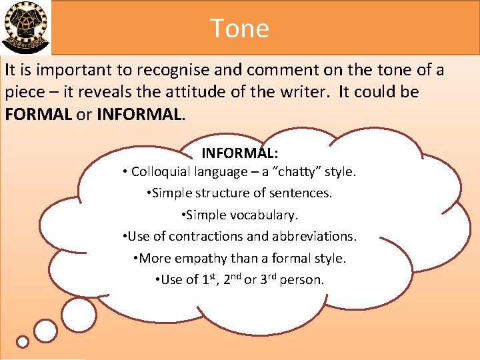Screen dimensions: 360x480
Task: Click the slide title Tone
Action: tap(240, 29)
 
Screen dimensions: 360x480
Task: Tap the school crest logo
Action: tap(25, 27)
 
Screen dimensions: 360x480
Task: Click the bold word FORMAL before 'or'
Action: tap(38, 113)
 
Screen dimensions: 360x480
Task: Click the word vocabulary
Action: tap(269, 215)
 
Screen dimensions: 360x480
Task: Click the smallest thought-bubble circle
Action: tap(23, 341)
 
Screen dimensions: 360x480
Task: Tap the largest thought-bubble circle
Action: tap(79, 315)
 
